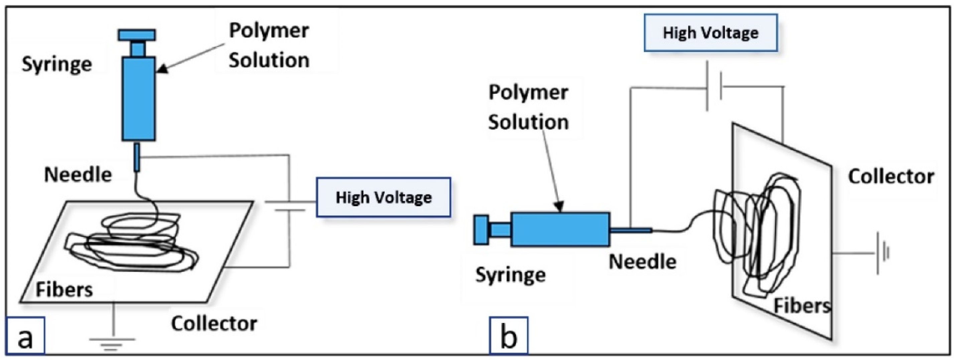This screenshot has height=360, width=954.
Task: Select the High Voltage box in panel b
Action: tap(710, 33)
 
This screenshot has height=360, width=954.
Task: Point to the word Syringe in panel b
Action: tap(510, 275)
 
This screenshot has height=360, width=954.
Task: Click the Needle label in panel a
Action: tap(78, 175)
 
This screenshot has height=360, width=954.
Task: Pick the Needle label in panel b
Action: tap(643, 262)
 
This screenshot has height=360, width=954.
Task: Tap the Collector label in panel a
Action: tap(214, 324)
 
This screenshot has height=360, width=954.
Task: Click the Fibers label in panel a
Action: tap(64, 290)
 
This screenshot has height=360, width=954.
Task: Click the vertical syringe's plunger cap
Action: tap(137, 35)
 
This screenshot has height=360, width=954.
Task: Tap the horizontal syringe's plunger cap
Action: tap(481, 230)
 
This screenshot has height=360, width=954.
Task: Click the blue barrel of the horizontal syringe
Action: tap(560, 229)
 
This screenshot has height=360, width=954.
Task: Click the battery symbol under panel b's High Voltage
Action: tap(714, 87)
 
